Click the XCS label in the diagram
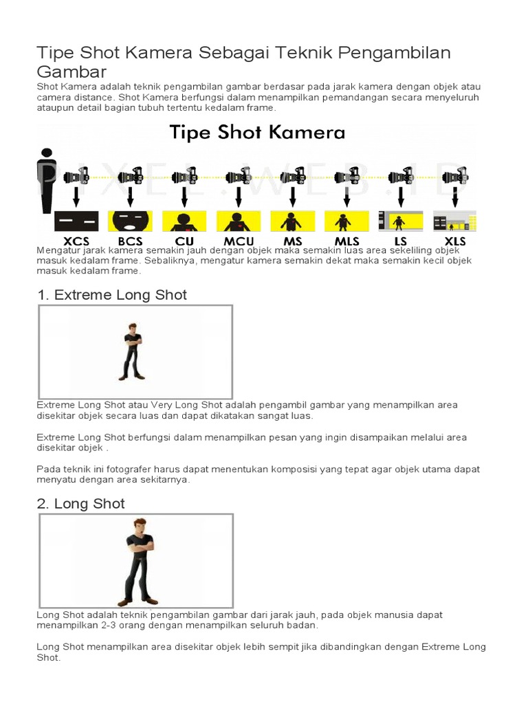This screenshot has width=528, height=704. pyautogui.click(x=76, y=241)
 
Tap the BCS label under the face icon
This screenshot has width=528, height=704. pyautogui.click(x=130, y=241)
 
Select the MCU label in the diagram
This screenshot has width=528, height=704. pyautogui.click(x=239, y=241)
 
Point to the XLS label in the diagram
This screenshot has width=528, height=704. pyautogui.click(x=455, y=241)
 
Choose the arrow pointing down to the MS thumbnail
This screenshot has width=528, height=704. pyautogui.click(x=292, y=198)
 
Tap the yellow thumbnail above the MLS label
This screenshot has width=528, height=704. pyautogui.click(x=346, y=221)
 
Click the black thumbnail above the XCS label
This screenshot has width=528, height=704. pyautogui.click(x=76, y=221)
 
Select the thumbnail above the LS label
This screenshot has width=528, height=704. pyautogui.click(x=401, y=221)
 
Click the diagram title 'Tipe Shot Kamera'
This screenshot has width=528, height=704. pyautogui.click(x=258, y=132)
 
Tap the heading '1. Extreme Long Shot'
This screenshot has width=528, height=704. pyautogui.click(x=111, y=295)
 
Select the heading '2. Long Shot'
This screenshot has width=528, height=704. pyautogui.click(x=80, y=504)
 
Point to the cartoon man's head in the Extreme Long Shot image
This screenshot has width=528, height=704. pyautogui.click(x=132, y=328)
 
